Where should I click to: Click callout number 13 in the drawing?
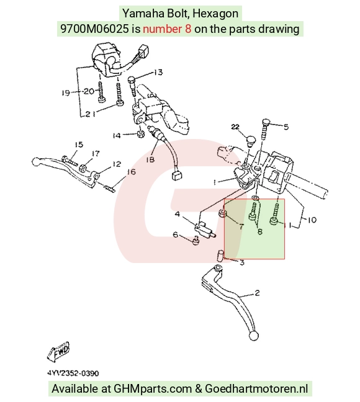(158, 73)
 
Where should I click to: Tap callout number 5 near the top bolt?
(286, 127)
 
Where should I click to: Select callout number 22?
(235, 127)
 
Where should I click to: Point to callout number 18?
(150, 159)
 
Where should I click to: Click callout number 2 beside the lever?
(257, 293)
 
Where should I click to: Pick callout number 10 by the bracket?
(312, 220)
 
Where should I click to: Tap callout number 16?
(131, 171)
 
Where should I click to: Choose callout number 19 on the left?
(66, 92)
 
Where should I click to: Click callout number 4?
(178, 214)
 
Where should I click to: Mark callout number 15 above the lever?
(79, 145)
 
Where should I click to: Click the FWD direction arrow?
(58, 352)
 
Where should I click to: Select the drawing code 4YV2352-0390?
(73, 373)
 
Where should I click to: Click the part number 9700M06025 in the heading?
(94, 29)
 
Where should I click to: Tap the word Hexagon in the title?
(215, 13)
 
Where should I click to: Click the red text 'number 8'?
(167, 29)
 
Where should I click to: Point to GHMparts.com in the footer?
(153, 389)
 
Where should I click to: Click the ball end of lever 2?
(254, 336)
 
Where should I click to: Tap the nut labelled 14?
(140, 134)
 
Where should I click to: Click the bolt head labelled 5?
(266, 122)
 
